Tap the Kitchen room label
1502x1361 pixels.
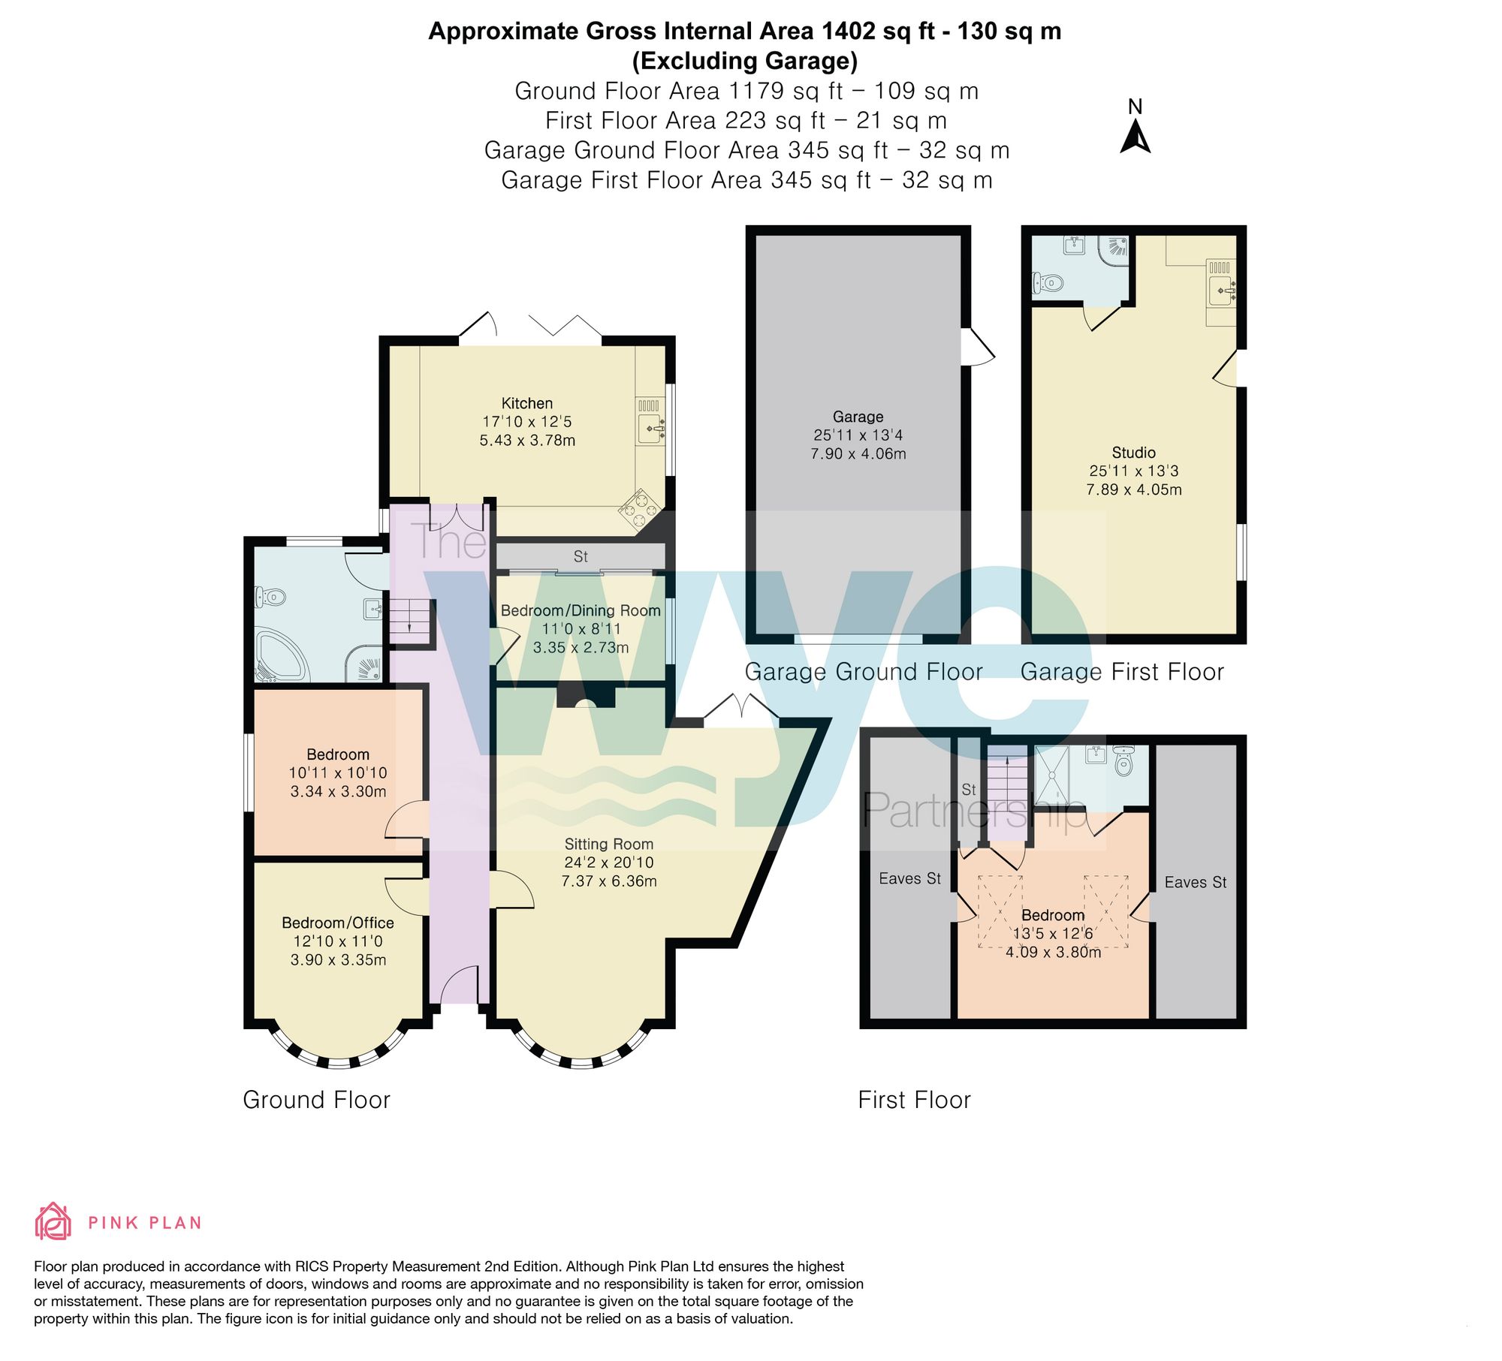(526, 403)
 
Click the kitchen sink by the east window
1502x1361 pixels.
(650, 429)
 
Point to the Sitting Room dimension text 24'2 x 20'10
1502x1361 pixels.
(608, 863)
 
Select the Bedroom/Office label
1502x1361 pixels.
(337, 923)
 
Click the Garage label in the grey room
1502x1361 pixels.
(858, 417)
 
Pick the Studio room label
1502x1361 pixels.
(1133, 453)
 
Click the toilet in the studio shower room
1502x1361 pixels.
(1048, 284)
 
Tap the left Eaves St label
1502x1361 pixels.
(909, 878)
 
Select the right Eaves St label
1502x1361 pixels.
(1195, 882)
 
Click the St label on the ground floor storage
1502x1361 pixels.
(581, 556)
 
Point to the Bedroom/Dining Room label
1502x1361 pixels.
(581, 610)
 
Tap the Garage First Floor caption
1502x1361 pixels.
(1122, 671)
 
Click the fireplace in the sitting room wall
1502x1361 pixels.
(586, 698)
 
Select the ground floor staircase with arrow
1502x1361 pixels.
(410, 620)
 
